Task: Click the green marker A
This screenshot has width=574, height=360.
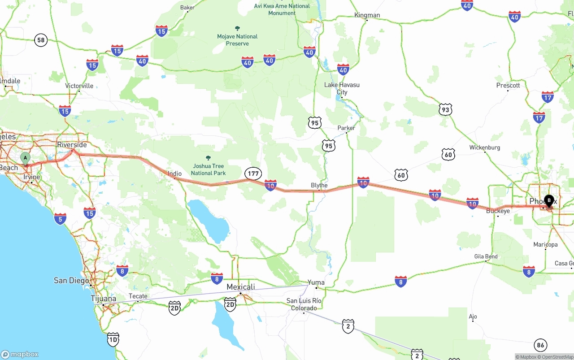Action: pyautogui.click(x=26, y=158)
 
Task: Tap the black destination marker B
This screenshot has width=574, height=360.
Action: pyautogui.click(x=549, y=201)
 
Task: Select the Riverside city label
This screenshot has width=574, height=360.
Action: pyautogui.click(x=72, y=145)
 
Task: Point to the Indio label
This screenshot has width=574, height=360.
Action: pyautogui.click(x=174, y=173)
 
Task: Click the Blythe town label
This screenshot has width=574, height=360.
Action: pyautogui.click(x=319, y=185)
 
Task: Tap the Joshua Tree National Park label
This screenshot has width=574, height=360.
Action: pyautogui.click(x=208, y=169)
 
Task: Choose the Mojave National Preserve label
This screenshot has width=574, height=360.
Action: pyautogui.click(x=237, y=39)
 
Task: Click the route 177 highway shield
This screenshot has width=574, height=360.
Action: pyautogui.click(x=253, y=173)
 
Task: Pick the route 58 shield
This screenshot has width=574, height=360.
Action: pyautogui.click(x=41, y=40)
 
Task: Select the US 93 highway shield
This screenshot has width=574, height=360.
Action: pyautogui.click(x=445, y=109)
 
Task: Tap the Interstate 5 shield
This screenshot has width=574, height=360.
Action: pyautogui.click(x=60, y=219)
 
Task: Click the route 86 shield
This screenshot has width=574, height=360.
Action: pyautogui.click(x=540, y=345)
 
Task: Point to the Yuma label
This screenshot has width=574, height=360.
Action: pyautogui.click(x=316, y=282)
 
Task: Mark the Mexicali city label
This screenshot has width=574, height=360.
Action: pyautogui.click(x=241, y=287)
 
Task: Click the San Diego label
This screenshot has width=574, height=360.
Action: pyautogui.click(x=71, y=281)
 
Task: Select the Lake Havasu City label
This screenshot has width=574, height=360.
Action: pyautogui.click(x=342, y=88)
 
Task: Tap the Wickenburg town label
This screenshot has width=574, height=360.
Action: pyautogui.click(x=484, y=147)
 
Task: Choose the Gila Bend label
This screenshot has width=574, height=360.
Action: pyautogui.click(x=486, y=256)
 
